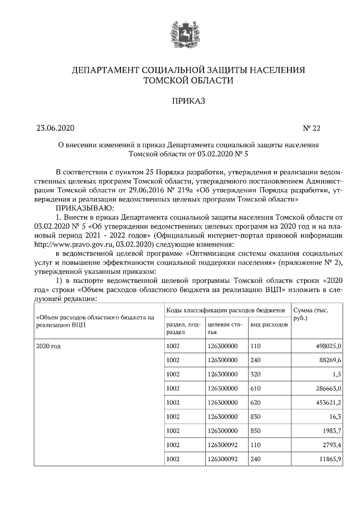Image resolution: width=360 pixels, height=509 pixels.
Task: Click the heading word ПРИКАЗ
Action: click(x=180, y=101)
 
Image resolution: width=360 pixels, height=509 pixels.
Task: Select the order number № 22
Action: click(x=311, y=128)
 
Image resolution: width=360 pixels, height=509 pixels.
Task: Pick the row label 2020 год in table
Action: click(x=48, y=345)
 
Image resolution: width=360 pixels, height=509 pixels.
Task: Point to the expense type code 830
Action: click(x=255, y=417)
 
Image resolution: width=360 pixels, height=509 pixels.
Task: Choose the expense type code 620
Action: click(x=255, y=403)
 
